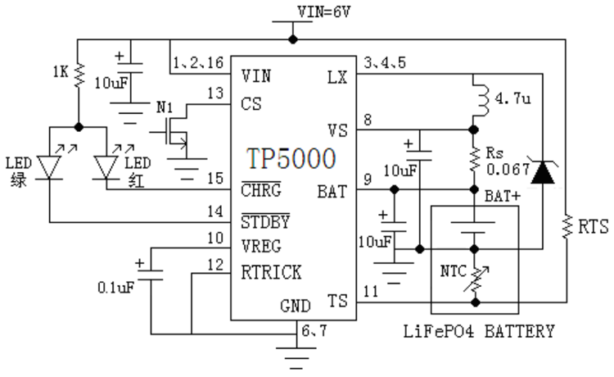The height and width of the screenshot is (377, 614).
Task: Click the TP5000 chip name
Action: tap(290, 157)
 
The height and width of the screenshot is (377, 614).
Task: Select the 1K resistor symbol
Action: tap(79, 75)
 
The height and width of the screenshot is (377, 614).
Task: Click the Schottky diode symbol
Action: tap(541, 172)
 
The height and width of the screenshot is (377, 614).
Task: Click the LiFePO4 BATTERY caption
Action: tap(480, 332)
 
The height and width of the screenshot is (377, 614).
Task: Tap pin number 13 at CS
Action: tap(215, 94)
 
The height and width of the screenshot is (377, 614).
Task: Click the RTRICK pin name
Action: tap(272, 271)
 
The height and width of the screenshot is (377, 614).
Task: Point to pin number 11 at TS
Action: tap(370, 290)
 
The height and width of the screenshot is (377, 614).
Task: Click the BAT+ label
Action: tap(499, 198)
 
